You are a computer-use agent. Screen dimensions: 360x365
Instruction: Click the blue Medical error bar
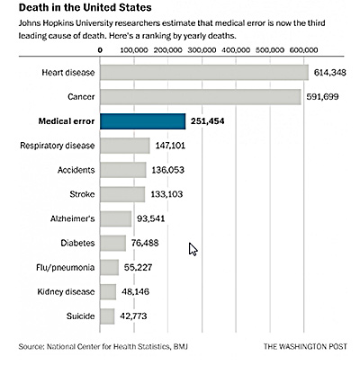(143, 121)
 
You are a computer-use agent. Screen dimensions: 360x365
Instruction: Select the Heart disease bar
(204, 73)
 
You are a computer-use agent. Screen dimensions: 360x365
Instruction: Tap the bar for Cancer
(201, 97)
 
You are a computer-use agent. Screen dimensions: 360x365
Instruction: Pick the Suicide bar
(107, 316)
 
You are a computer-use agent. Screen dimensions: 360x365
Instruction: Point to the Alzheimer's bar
(115, 218)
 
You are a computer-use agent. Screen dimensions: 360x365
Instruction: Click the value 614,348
(329, 73)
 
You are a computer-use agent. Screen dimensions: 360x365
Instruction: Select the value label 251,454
(207, 121)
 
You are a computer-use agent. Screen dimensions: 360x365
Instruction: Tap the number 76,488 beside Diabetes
(145, 243)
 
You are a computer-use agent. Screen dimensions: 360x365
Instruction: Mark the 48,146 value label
(135, 292)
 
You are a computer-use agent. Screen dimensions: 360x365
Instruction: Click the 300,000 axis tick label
(202, 50)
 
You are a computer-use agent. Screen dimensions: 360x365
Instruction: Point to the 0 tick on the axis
(100, 50)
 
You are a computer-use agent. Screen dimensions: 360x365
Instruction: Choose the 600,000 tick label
(303, 50)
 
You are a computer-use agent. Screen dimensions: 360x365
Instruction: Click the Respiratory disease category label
(58, 146)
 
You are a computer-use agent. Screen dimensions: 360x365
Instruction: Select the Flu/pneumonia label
(66, 268)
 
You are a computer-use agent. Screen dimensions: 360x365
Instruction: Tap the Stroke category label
(82, 194)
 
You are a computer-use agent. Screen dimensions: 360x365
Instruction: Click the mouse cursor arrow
(193, 249)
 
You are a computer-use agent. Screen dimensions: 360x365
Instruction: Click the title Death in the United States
(85, 7)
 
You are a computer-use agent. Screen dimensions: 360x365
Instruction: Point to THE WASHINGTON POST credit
(305, 347)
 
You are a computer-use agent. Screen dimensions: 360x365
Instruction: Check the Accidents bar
(123, 170)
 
